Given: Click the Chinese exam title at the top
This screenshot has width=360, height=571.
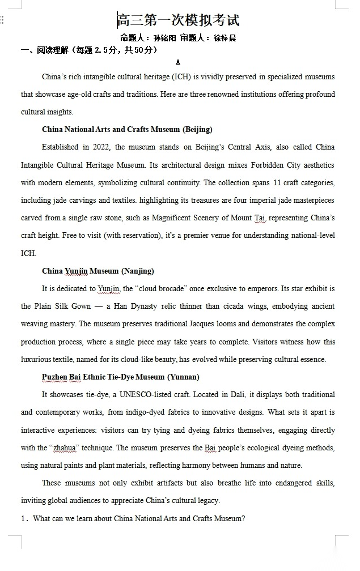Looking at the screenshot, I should click(179, 20).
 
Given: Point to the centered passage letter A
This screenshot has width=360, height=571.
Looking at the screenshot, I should click(178, 63).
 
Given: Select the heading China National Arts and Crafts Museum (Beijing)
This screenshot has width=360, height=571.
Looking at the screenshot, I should click(127, 129).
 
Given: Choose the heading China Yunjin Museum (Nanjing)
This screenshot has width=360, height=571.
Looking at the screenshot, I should click(98, 271).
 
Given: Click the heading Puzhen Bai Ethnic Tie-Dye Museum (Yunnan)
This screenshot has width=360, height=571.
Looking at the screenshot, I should click(120, 377).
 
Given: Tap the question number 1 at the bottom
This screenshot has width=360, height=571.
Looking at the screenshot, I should click(24, 518).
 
